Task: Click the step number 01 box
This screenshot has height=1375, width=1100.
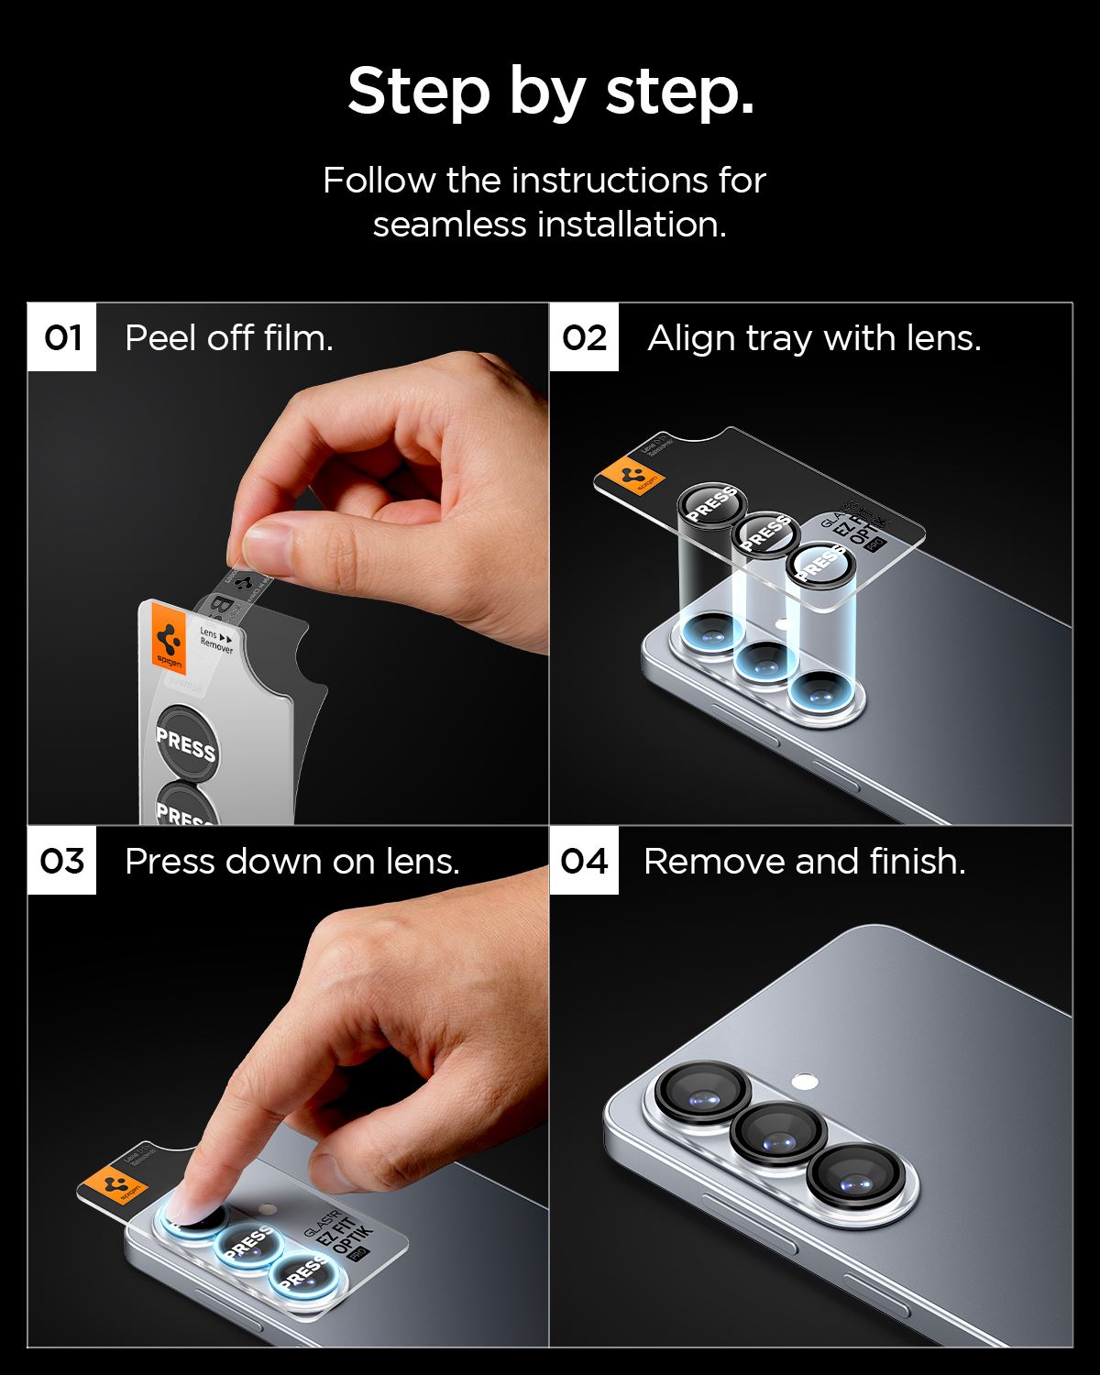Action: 61,337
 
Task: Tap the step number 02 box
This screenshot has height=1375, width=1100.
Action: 584,337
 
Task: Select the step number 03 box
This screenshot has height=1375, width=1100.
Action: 61,861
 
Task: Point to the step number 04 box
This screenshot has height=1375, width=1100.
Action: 584,861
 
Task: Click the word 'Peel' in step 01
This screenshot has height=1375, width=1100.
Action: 155,338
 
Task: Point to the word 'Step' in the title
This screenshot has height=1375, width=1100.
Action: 418,92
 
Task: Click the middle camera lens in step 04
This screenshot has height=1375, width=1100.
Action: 772,1134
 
